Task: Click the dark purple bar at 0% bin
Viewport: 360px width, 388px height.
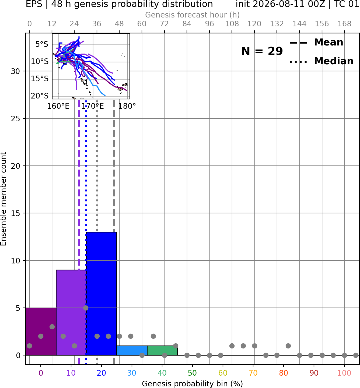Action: click(41, 331)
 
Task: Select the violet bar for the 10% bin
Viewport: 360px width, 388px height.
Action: click(71, 313)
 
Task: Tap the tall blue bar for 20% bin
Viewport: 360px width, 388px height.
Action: click(102, 294)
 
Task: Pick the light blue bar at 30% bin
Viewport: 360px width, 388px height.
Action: click(132, 351)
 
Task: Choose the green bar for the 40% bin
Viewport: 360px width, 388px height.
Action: click(162, 351)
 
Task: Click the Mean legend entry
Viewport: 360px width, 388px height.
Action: click(316, 43)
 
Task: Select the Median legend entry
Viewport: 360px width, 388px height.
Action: click(321, 61)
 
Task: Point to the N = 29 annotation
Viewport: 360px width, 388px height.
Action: click(262, 51)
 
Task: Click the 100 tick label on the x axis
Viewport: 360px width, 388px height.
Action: click(344, 373)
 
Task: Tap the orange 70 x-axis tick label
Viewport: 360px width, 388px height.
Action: click(253, 373)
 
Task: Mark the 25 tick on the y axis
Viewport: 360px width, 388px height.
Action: click(15, 119)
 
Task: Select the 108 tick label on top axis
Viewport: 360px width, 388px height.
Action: click(232, 24)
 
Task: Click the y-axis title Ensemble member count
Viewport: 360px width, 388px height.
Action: click(3, 199)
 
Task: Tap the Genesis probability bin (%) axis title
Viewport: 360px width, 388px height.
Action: click(193, 384)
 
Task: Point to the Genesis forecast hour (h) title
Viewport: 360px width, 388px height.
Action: click(193, 15)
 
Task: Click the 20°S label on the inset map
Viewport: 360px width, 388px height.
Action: click(40, 96)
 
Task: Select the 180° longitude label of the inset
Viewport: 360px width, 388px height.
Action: click(127, 106)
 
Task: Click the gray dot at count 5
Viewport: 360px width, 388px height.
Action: click(86, 308)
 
